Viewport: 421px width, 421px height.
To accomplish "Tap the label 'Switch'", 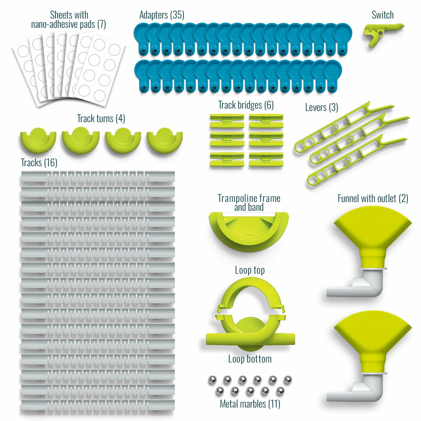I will coord(382,15).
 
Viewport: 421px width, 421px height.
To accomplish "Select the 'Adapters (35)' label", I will coord(162,15).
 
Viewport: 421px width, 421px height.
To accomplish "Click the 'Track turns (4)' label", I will coord(101,119).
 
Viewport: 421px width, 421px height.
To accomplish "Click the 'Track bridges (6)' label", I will coord(246,105).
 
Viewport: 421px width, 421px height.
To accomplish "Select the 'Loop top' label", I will coord(250,270).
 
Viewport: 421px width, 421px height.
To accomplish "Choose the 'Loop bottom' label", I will coord(250,359).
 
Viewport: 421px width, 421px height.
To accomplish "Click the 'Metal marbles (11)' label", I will coord(250,404).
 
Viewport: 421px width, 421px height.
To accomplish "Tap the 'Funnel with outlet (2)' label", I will coord(373,198).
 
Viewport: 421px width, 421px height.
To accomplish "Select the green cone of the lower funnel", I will coord(373,337).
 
